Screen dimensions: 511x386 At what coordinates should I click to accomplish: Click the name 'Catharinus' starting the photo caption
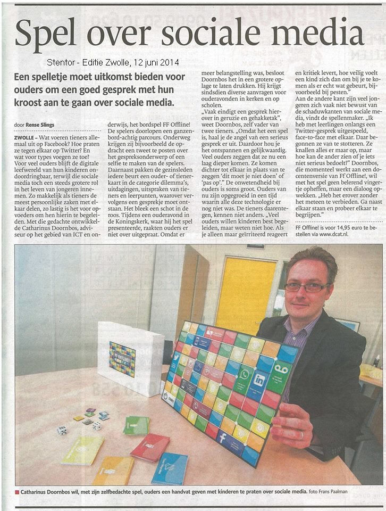point(40,493)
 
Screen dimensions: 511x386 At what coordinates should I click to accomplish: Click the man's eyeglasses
point(307,287)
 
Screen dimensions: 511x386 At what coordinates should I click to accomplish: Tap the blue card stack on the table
point(169,468)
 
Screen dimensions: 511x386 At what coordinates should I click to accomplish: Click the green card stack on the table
point(136,425)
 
